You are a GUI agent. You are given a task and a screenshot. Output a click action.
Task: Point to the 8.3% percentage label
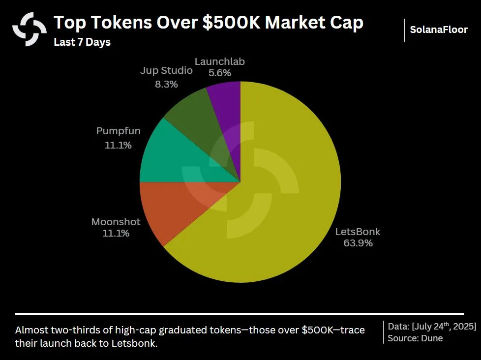coord(166,84)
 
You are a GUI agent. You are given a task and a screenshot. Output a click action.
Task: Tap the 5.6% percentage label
coord(219,73)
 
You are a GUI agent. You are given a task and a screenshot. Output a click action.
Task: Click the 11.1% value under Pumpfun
coord(118,145)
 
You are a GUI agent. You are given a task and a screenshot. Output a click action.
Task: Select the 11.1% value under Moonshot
coord(116,234)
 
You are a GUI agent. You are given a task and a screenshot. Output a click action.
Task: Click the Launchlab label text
coord(219,62)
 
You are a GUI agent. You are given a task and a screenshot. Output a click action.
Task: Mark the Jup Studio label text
coord(166,71)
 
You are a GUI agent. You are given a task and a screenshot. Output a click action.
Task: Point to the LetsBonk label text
coord(358,232)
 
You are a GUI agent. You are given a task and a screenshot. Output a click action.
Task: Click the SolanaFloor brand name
coord(439,30)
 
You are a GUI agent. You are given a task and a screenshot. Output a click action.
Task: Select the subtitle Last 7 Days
coord(82,42)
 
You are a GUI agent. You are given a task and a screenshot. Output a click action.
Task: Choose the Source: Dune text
coord(415,338)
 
